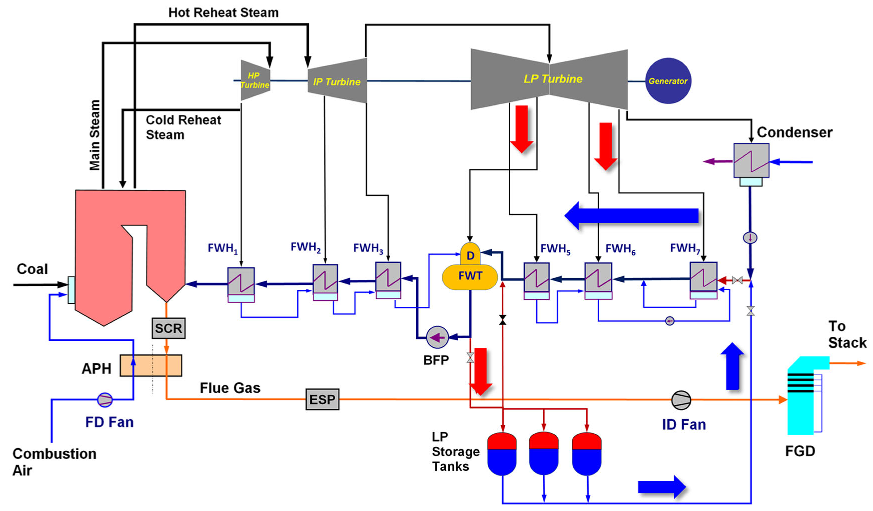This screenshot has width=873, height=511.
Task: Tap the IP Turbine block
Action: point(337,81)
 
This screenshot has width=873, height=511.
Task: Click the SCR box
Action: point(168,328)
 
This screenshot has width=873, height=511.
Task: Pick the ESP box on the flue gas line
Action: point(322,399)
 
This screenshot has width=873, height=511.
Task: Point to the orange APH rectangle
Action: point(151,365)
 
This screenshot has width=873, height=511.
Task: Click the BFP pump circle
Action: point(437,337)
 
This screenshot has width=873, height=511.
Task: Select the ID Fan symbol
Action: point(681,400)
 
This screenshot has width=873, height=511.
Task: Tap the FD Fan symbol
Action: point(105,400)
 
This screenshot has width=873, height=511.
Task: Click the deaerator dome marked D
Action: point(470,255)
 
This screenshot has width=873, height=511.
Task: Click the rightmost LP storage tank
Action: point(587,454)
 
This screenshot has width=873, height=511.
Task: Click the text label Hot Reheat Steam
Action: point(224,13)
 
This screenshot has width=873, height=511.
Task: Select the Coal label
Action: point(32,269)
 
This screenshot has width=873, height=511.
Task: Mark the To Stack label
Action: point(847,335)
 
